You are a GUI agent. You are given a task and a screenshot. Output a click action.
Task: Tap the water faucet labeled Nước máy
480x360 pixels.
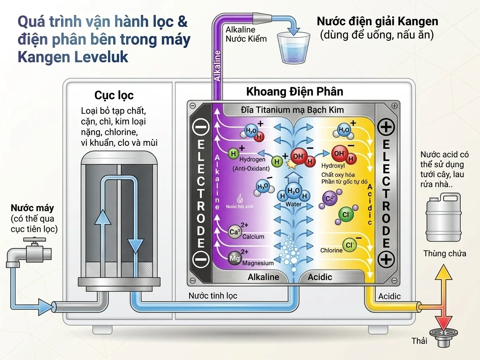[30, 253]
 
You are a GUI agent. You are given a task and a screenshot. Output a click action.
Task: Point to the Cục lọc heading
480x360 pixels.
[114, 95]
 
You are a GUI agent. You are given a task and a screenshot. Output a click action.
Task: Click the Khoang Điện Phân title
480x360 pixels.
[294, 92]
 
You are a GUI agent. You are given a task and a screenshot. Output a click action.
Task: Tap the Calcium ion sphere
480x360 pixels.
[235, 232]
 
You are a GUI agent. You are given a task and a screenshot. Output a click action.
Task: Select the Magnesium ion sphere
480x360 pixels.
[235, 258]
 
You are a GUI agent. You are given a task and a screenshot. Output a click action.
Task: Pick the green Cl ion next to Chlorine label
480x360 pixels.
[349, 245]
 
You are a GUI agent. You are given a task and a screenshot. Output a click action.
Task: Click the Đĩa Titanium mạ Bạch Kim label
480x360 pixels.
[292, 110]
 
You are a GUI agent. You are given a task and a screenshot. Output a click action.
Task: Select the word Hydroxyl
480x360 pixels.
[333, 165]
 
